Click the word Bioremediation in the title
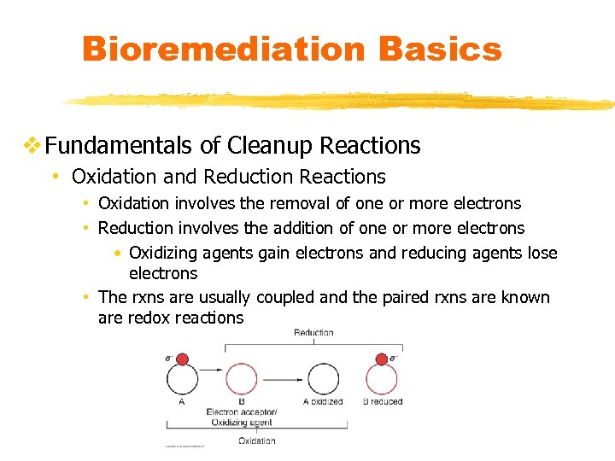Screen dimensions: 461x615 225,50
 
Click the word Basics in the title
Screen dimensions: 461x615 441,50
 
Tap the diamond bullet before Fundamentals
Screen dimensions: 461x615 32,146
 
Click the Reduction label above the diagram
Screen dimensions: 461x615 313,333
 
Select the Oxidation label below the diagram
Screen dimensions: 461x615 257,441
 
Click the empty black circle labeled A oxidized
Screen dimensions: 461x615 322,379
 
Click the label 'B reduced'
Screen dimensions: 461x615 382,401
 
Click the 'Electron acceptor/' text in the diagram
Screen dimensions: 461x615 242,411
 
